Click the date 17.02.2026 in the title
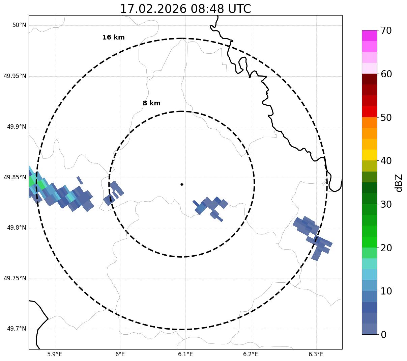pyautogui.click(x=153, y=9)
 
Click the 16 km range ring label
pyautogui.click(x=113, y=37)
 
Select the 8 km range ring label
pyautogui.click(x=151, y=103)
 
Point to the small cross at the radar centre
pyautogui.click(x=182, y=184)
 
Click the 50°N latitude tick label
pyautogui.click(x=19, y=25)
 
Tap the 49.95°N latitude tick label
pyautogui.click(x=15, y=76)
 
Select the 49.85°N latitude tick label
pyautogui.click(x=15, y=177)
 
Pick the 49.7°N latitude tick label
pyautogui.click(x=17, y=329)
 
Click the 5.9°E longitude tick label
pyautogui.click(x=55, y=354)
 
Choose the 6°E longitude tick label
pyautogui.click(x=120, y=354)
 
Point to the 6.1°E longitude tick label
pyautogui.click(x=185, y=354)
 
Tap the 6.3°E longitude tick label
pyautogui.click(x=316, y=354)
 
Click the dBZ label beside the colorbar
pyautogui.click(x=399, y=183)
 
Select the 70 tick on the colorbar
pyautogui.click(x=386, y=31)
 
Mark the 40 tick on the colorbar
pyautogui.click(x=386, y=161)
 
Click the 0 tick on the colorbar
pyautogui.click(x=383, y=335)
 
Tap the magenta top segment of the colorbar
pyautogui.click(x=369, y=35)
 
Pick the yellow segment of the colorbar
pyautogui.click(x=369, y=155)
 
